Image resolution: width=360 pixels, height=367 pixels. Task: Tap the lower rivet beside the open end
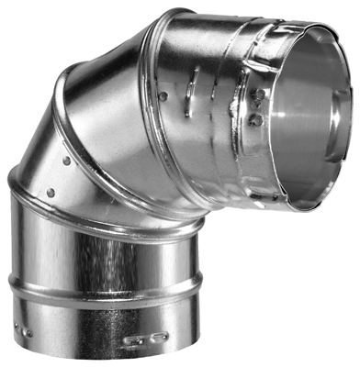pyautogui.click(x=258, y=119)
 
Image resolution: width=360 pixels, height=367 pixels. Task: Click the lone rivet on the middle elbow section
pyautogui.click(x=163, y=95)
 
